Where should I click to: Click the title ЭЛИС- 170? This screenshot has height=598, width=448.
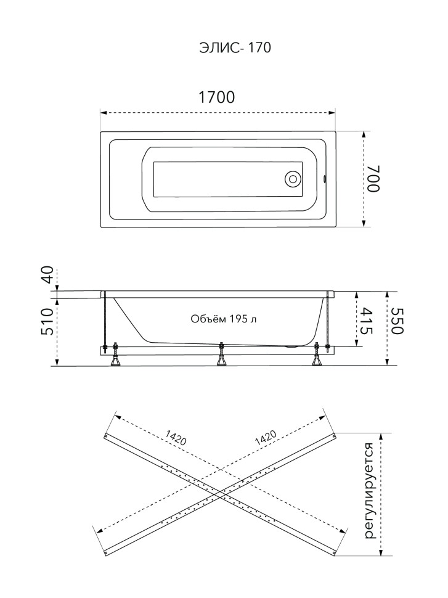coord(235,47)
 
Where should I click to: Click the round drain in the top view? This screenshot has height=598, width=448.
coord(293,179)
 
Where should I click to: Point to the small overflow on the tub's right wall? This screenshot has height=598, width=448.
coord(325,179)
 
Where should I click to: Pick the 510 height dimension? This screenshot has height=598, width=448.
coord(49,321)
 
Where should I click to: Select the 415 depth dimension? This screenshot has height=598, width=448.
coord(365,321)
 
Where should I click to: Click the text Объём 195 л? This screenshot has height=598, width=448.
coord(224,319)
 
